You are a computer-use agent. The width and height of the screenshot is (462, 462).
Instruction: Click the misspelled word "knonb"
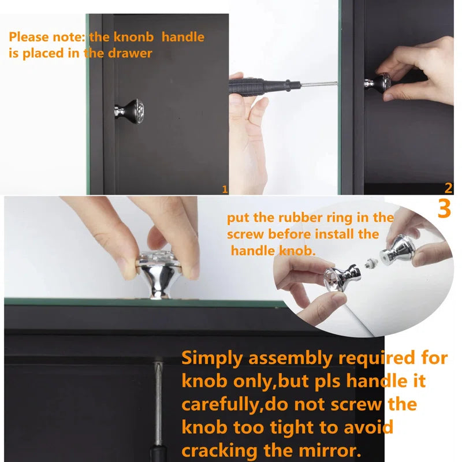point(133,37)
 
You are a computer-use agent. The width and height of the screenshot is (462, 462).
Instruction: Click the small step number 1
point(225,189)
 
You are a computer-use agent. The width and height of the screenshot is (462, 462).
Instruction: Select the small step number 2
point(448,188)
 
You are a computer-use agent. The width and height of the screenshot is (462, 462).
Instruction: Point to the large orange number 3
point(444,208)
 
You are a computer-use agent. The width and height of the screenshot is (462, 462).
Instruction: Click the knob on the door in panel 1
point(129,111)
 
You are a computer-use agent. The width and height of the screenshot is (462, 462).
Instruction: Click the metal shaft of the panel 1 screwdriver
point(319,84)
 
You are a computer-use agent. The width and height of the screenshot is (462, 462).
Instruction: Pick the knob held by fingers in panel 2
point(378,83)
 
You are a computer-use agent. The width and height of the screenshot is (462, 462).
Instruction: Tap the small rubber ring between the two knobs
point(371,263)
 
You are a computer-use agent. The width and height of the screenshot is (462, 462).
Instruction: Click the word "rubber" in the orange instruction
point(300,218)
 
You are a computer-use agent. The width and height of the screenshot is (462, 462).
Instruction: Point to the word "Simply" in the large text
point(212,359)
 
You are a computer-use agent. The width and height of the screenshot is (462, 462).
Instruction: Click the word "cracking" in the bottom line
point(220,452)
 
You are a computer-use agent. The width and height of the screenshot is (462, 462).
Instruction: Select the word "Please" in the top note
point(29,38)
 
